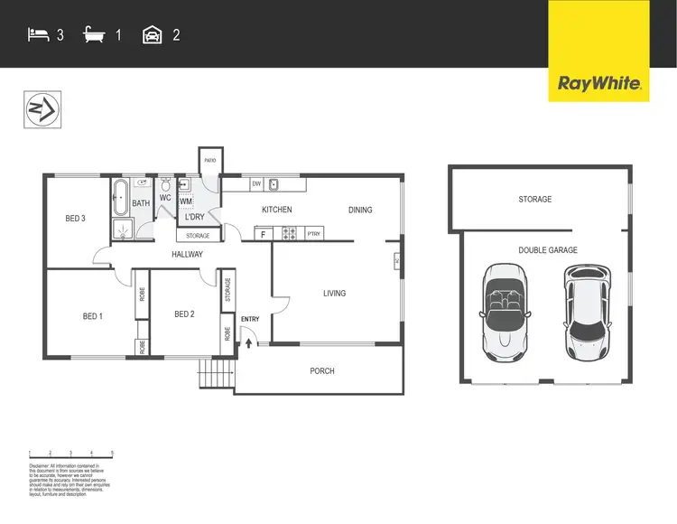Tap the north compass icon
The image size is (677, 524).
coord(41,110)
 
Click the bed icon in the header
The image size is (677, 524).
coord(38,35)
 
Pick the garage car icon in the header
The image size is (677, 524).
coord(152,35)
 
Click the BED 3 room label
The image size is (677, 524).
coord(75,219)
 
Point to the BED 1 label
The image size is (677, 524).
coord(92,315)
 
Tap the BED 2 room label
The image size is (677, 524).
coord(184,314)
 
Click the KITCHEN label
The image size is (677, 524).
coord(277,210)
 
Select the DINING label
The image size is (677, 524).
coord(360,210)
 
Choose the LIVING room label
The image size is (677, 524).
coord(334,293)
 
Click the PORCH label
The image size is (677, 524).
coord(322,370)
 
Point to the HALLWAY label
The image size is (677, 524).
coord(188,255)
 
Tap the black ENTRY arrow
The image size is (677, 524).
coord(249,343)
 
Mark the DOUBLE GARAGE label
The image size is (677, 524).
coord(547,250)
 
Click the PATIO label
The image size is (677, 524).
coord(209,160)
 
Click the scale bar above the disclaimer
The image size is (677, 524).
coord(70,454)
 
